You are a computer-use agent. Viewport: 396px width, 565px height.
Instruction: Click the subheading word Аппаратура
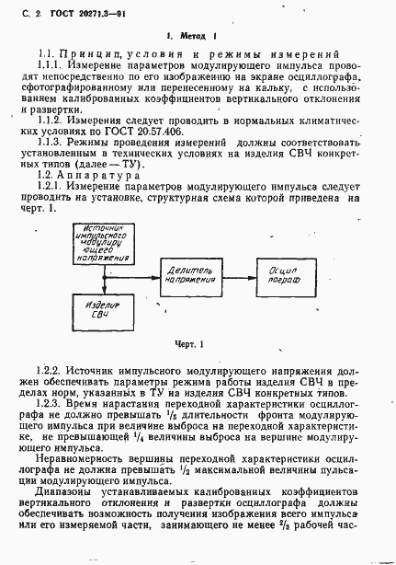pyautogui.click(x=98, y=174)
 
